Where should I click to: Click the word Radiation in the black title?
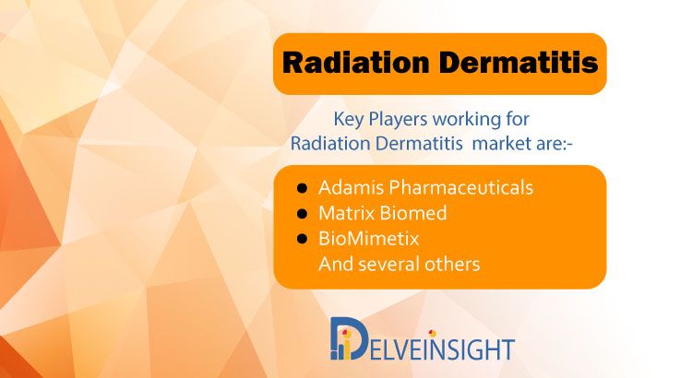pyautogui.click(x=356, y=63)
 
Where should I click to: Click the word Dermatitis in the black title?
pyautogui.click(x=519, y=63)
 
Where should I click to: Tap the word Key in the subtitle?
pyautogui.click(x=349, y=119)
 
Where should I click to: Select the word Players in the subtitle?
pyautogui.click(x=398, y=119)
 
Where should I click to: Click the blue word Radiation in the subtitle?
pyautogui.click(x=330, y=143)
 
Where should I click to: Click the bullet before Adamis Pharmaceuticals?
pyautogui.click(x=303, y=189)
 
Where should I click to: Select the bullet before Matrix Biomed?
pyautogui.click(x=303, y=214)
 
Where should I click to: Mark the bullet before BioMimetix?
pyautogui.click(x=303, y=239)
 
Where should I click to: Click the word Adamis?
pyautogui.click(x=352, y=187)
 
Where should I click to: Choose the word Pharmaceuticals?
pyautogui.click(x=461, y=187)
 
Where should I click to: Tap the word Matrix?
pyautogui.click(x=346, y=213)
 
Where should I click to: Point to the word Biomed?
pyautogui.click(x=413, y=213)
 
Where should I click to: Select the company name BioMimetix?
pyautogui.click(x=369, y=239)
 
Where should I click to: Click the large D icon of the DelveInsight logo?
pyautogui.click(x=349, y=337)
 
